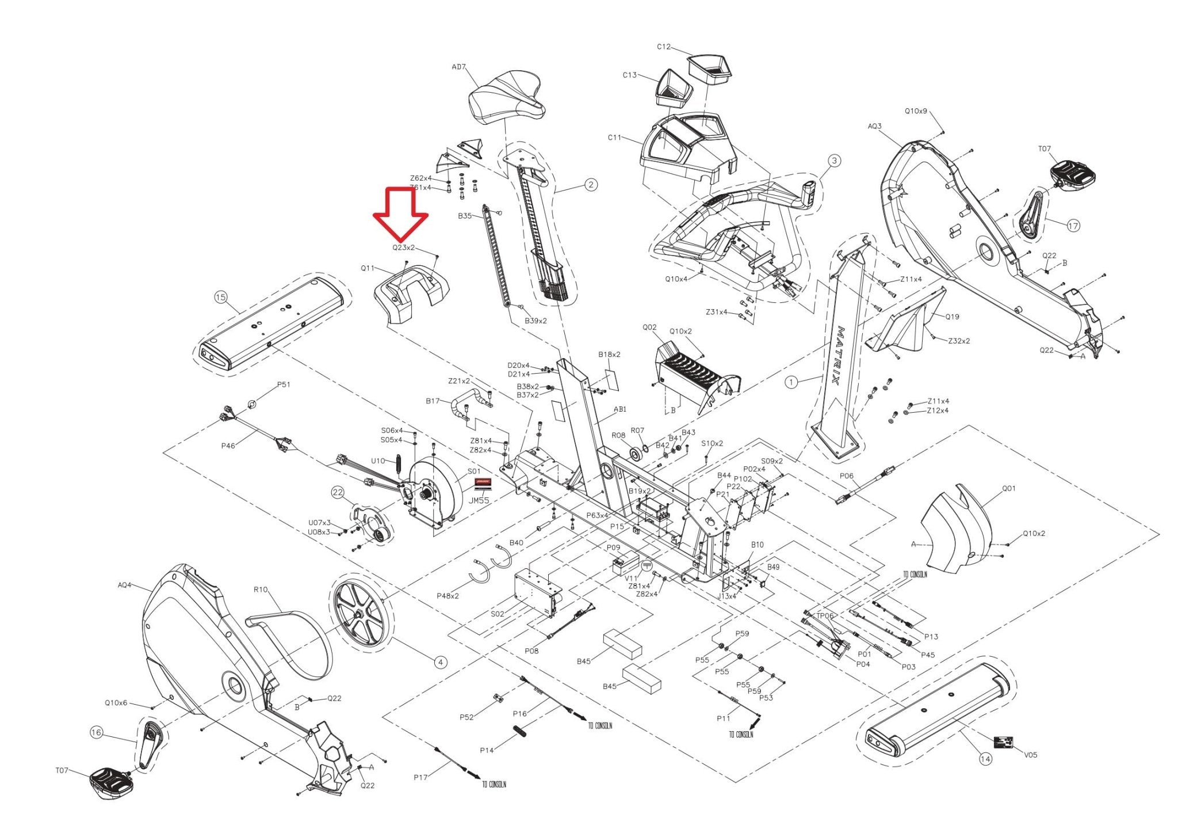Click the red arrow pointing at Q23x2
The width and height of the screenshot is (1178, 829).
[401, 215]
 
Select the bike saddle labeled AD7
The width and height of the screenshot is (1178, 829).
[506, 101]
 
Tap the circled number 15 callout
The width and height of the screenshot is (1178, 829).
[221, 297]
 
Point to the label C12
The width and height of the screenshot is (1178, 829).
[663, 47]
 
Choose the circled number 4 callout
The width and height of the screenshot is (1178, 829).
[441, 662]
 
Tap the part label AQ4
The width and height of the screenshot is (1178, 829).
[124, 585]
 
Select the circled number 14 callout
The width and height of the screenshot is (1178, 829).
[985, 759]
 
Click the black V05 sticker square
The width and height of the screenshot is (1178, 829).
[1004, 743]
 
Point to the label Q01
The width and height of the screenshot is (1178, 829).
[1009, 488]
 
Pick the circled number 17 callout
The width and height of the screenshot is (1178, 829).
[1073, 226]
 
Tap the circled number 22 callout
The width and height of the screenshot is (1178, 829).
[337, 492]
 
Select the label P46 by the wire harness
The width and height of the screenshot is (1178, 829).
[228, 446]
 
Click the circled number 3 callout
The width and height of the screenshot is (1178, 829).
[835, 161]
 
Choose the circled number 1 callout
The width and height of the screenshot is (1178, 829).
[791, 382]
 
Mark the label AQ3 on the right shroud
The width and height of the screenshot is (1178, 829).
[874, 126]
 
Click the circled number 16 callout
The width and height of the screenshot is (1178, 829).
[96, 732]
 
